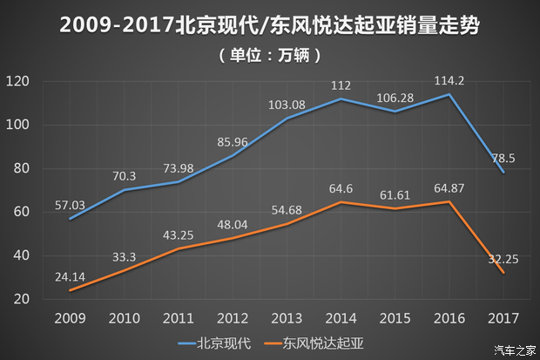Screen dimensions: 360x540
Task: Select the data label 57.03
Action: (x=71, y=205)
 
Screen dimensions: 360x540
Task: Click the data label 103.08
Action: (x=287, y=105)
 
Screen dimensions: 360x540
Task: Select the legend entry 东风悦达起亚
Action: (x=317, y=343)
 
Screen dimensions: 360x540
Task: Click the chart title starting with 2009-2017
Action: (x=270, y=25)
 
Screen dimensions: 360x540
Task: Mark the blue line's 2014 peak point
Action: (x=341, y=98)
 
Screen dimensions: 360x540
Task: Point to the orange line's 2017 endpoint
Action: (x=503, y=273)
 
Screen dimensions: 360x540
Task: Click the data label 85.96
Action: (x=233, y=141)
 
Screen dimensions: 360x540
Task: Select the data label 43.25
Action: (x=179, y=235)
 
